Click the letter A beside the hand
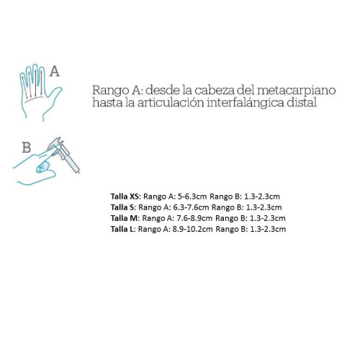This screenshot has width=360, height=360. pyautogui.click(x=55, y=71)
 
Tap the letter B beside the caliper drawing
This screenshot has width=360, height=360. pyautogui.click(x=27, y=148)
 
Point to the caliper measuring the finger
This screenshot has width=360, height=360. pyautogui.click(x=64, y=153)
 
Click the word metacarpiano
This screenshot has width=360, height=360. pyautogui.click(x=297, y=90)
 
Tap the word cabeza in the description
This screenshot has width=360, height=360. pyautogui.click(x=214, y=90)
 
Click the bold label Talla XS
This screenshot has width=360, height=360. pyautogui.click(x=125, y=197)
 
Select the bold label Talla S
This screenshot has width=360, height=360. pyautogui.click(x=123, y=207)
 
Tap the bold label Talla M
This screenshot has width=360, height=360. pyautogui.click(x=125, y=218)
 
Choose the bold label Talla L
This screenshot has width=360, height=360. pyautogui.click(x=123, y=229)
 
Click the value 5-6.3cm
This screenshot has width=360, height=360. pyautogui.click(x=192, y=197)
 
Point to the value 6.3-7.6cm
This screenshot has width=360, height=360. pyautogui.click(x=191, y=207)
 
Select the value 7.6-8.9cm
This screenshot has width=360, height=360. pyautogui.click(x=194, y=218)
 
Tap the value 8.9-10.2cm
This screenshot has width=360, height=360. pyautogui.click(x=192, y=229)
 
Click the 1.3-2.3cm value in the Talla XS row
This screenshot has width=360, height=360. pyautogui.click(x=262, y=197)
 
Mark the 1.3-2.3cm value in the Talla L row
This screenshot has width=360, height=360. pyautogui.click(x=268, y=229)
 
